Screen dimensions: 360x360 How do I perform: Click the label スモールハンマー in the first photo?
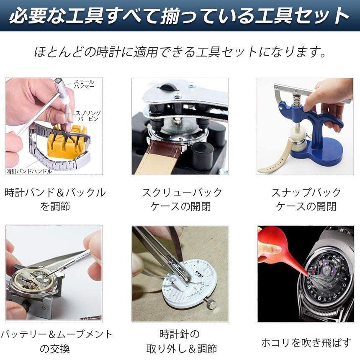click(x=84, y=83)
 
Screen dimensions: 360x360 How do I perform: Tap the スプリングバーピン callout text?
click(x=88, y=116)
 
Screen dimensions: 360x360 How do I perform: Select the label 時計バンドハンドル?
click(x=29, y=171)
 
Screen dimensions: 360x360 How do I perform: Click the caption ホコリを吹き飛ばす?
click(x=306, y=343)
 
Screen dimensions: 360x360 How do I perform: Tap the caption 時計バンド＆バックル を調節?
click(x=55, y=199)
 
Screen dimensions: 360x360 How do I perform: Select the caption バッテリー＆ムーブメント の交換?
click(x=55, y=341)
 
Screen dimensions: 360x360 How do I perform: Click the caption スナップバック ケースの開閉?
click(x=306, y=199)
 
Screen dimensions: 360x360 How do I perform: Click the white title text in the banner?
click(x=180, y=16)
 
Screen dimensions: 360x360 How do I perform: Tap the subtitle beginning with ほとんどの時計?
click(x=180, y=52)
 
